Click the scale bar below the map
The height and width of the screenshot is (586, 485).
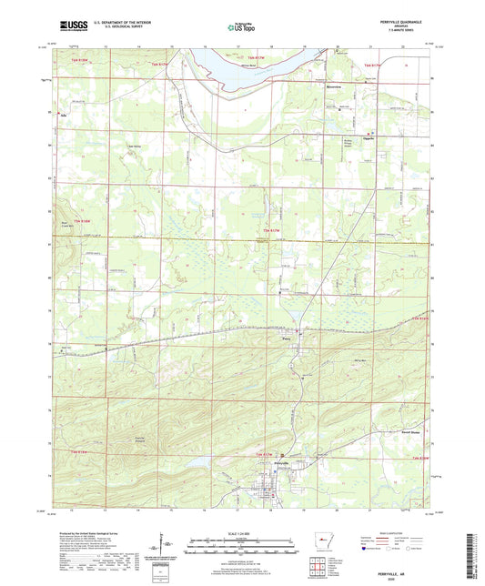coord(241,548)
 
